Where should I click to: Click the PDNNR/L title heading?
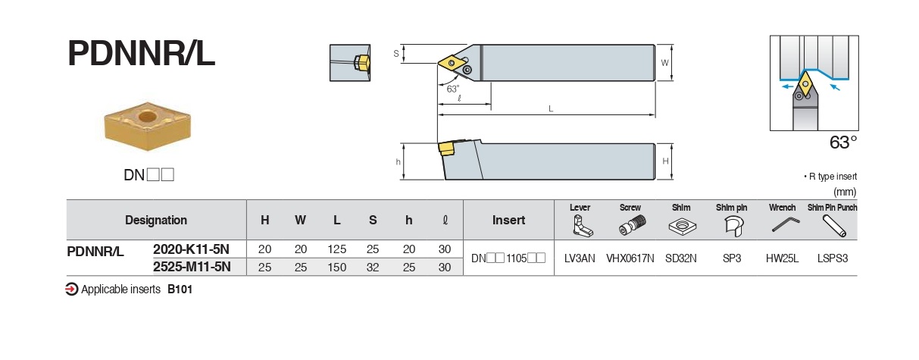pyautogui.click(x=142, y=54)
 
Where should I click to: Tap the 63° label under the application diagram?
pyautogui.click(x=842, y=142)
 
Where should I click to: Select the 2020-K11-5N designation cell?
pyautogui.click(x=191, y=249)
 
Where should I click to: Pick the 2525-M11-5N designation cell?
pyautogui.click(x=191, y=267)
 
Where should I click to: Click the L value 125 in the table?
pyautogui.click(x=336, y=249)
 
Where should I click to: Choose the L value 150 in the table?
pyautogui.click(x=336, y=267)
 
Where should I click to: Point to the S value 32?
pyautogui.click(x=372, y=267)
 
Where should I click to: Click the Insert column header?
pyautogui.click(x=508, y=220)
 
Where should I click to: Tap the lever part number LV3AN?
pyautogui.click(x=580, y=258)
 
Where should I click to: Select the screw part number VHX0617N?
pyautogui.click(x=630, y=258)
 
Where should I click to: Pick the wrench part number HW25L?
pyautogui.click(x=782, y=258)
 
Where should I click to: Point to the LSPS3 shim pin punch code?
pyautogui.click(x=832, y=258)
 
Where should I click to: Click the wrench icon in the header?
pyautogui.click(x=782, y=225)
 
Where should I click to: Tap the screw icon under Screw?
pyautogui.click(x=630, y=225)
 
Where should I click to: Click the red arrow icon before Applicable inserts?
pyautogui.click(x=72, y=289)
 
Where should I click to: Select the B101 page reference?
pyautogui.click(x=180, y=289)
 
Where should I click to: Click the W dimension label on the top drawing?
pyautogui.click(x=664, y=63)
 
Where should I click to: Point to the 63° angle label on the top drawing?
pyautogui.click(x=452, y=89)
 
